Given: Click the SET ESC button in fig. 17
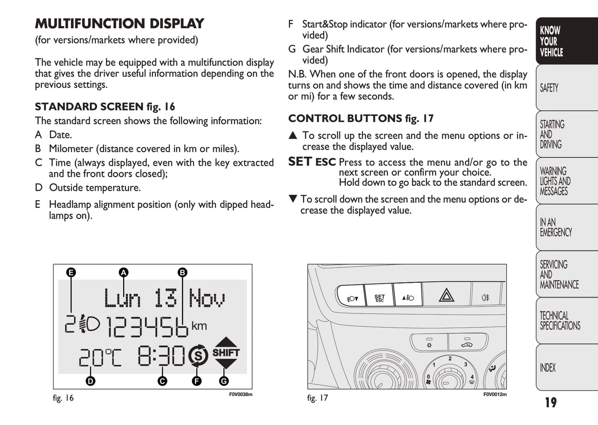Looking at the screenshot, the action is [x=379, y=295].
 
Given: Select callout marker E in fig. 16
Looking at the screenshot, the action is [x=71, y=273].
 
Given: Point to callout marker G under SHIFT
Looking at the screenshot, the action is [x=224, y=381].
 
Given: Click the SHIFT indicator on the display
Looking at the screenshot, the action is [x=226, y=353].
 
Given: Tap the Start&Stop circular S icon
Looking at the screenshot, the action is [x=198, y=355].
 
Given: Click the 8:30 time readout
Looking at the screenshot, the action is [x=161, y=355].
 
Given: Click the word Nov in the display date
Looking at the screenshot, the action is [x=207, y=297].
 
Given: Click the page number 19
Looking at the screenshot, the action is [x=551, y=402].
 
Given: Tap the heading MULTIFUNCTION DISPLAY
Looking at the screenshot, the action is [x=119, y=24].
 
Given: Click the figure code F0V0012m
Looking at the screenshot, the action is [x=495, y=394].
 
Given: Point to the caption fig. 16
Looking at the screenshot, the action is [x=63, y=398].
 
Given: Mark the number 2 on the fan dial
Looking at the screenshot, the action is [x=450, y=358].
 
